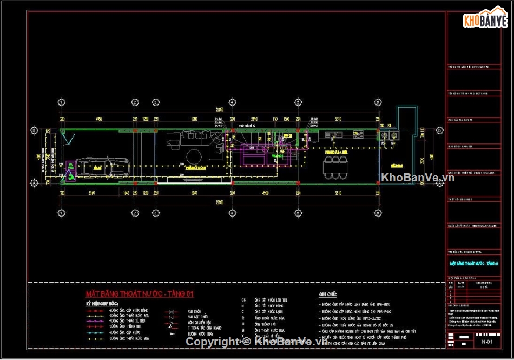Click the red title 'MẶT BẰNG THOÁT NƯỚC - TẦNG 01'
[140, 294]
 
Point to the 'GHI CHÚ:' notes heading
[328, 294]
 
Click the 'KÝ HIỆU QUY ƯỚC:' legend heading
[102, 304]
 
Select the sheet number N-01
[486, 342]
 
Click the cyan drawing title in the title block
[474, 264]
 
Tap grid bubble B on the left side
[34, 130]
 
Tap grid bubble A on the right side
[439, 184]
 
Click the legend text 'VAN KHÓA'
[195, 312]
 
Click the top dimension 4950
[99, 119]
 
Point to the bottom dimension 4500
[265, 193]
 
